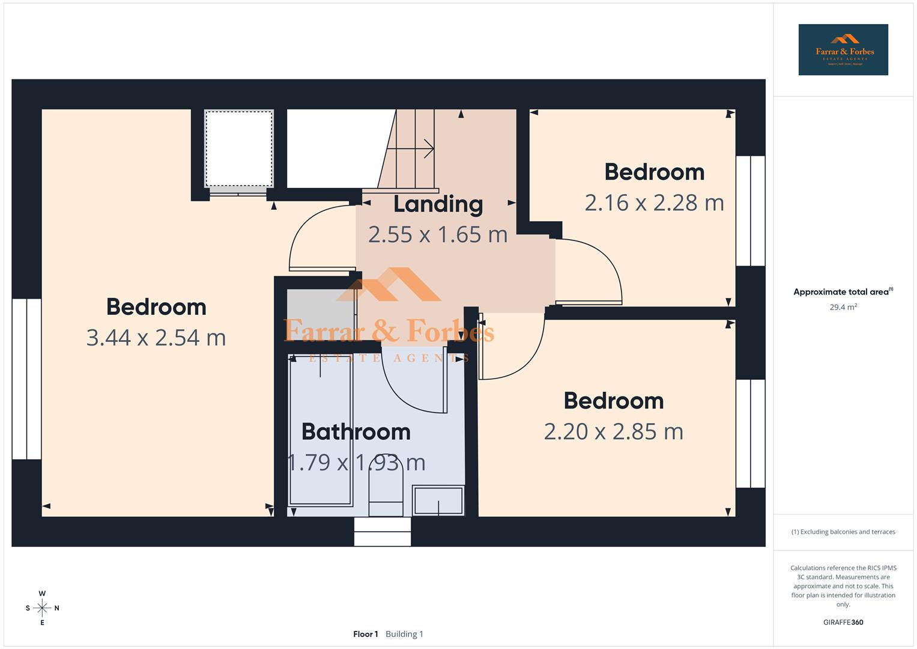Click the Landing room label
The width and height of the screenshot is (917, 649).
coord(438,204)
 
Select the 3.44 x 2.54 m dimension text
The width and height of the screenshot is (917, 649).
coord(156,338)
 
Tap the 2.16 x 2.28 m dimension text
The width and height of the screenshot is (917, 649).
coord(654,203)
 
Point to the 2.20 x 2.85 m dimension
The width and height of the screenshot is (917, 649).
coord(613,431)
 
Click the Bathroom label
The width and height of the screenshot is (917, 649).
coord(356,431)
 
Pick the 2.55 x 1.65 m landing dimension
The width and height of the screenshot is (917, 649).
coord(438,234)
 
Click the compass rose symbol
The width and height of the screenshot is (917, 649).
coord(42,608)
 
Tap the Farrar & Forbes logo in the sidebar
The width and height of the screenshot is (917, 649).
coord(843,50)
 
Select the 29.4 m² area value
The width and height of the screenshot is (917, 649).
coord(843,307)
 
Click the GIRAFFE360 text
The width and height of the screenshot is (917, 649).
coord(843,622)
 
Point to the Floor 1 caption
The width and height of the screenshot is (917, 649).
coord(365,634)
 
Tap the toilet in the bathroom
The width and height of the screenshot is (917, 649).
coord(386,490)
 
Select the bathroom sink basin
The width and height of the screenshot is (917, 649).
coord(438,500)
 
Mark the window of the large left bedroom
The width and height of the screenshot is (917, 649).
coord(26,379)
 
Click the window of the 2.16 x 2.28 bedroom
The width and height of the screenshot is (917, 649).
coord(751,210)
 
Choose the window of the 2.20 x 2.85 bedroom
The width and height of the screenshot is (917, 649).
coord(751,433)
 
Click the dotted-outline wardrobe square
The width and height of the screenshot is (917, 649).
coord(239,148)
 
